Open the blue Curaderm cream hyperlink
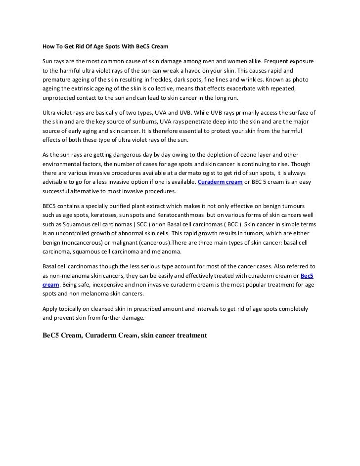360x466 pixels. tap(220, 182)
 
